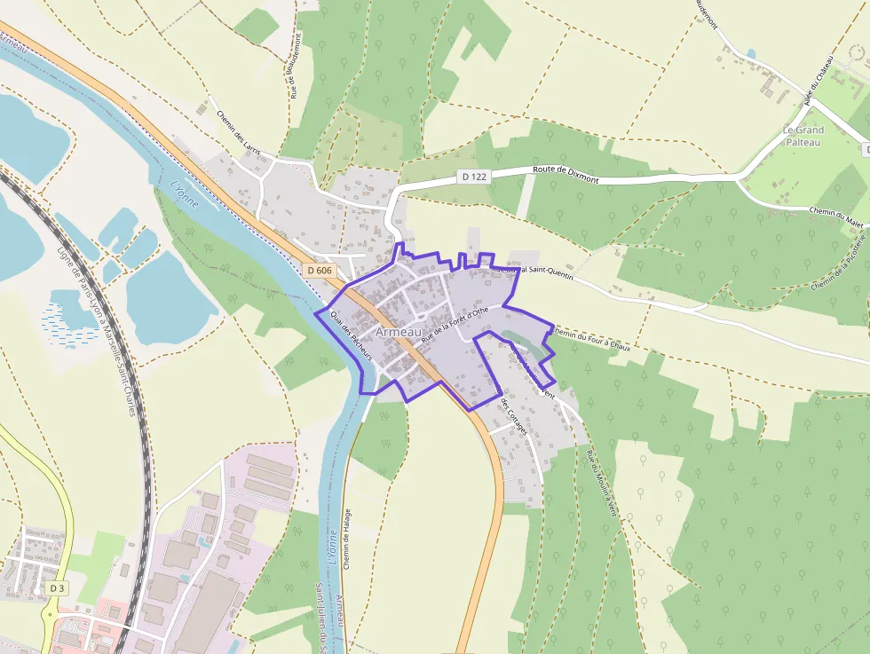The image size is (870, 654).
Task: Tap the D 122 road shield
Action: click(x=475, y=177)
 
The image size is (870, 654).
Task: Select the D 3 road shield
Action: click(x=57, y=588)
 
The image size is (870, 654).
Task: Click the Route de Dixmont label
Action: click(x=565, y=174)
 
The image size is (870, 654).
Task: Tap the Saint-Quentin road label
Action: click(x=533, y=271)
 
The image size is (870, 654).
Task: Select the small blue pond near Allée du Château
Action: click(x=752, y=54)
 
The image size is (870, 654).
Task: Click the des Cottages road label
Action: click(x=514, y=415)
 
